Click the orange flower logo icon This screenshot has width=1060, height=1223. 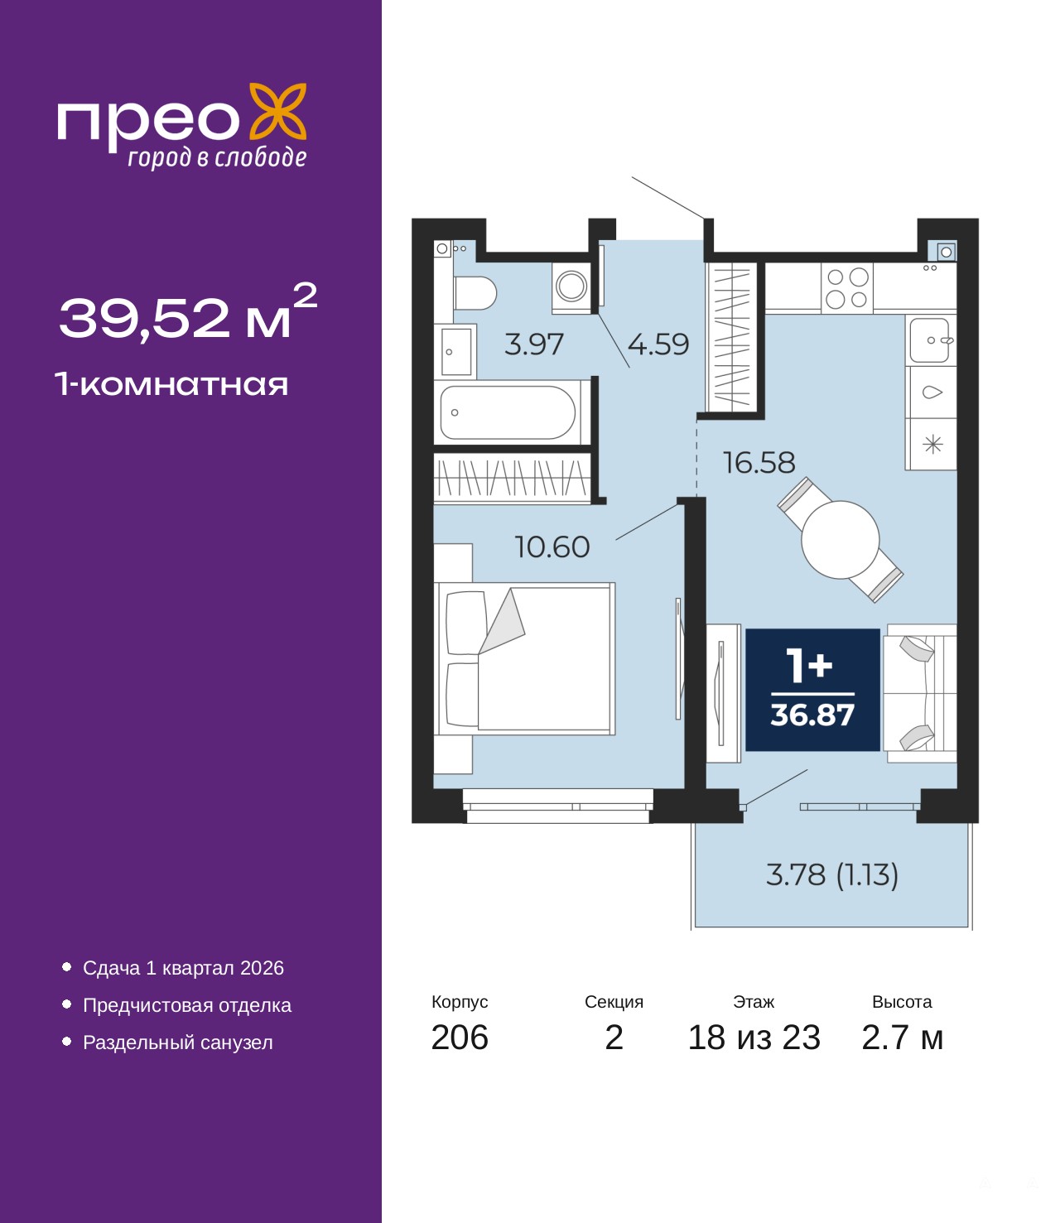[277, 113]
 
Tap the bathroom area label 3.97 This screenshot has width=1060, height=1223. [533, 344]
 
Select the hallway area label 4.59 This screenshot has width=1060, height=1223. [658, 344]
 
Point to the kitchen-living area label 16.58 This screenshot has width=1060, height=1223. [759, 463]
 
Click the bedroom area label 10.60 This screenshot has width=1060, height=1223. [552, 547]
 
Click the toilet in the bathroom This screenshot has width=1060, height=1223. [475, 293]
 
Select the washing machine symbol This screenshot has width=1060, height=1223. [571, 287]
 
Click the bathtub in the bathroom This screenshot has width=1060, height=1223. [511, 412]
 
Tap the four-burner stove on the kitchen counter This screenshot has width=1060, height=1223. [847, 288]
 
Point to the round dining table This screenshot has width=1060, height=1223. [840, 540]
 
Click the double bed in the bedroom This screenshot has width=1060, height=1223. [524, 659]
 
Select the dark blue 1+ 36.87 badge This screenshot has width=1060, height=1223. [812, 690]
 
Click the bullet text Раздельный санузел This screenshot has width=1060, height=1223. [177, 1042]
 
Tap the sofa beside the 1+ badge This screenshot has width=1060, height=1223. [920, 693]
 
